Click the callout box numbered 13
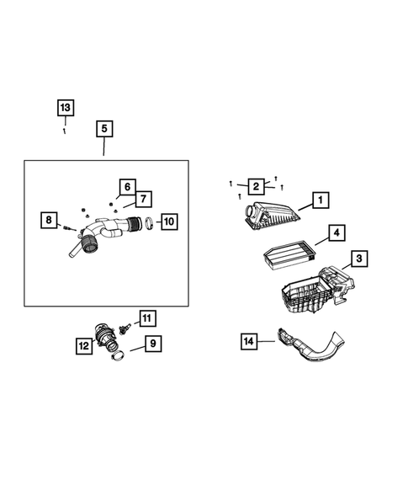66,108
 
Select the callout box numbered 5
103,129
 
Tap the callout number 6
126,186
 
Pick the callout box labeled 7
142,199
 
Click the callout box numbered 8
50,221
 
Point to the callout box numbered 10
168,221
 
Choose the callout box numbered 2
253,186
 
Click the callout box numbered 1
319,200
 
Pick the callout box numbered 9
151,344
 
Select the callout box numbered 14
248,341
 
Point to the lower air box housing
307,291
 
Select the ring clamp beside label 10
147,223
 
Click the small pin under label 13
66,129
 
